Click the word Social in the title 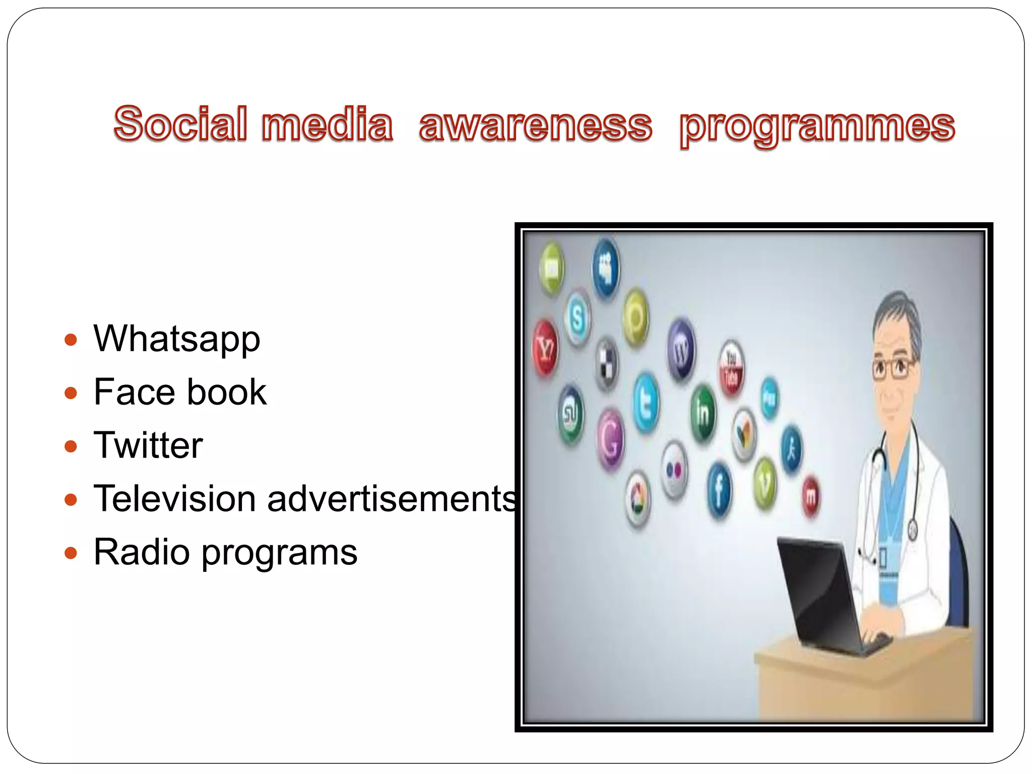180,124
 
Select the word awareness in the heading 535,125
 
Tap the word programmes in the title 817,127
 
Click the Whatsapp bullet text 177,339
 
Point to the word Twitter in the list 148,445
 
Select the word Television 174,499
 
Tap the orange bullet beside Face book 71,393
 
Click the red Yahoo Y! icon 545,348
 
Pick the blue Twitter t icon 646,403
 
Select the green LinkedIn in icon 702,412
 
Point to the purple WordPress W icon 681,349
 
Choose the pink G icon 610,439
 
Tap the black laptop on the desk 826,595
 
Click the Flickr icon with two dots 674,470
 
